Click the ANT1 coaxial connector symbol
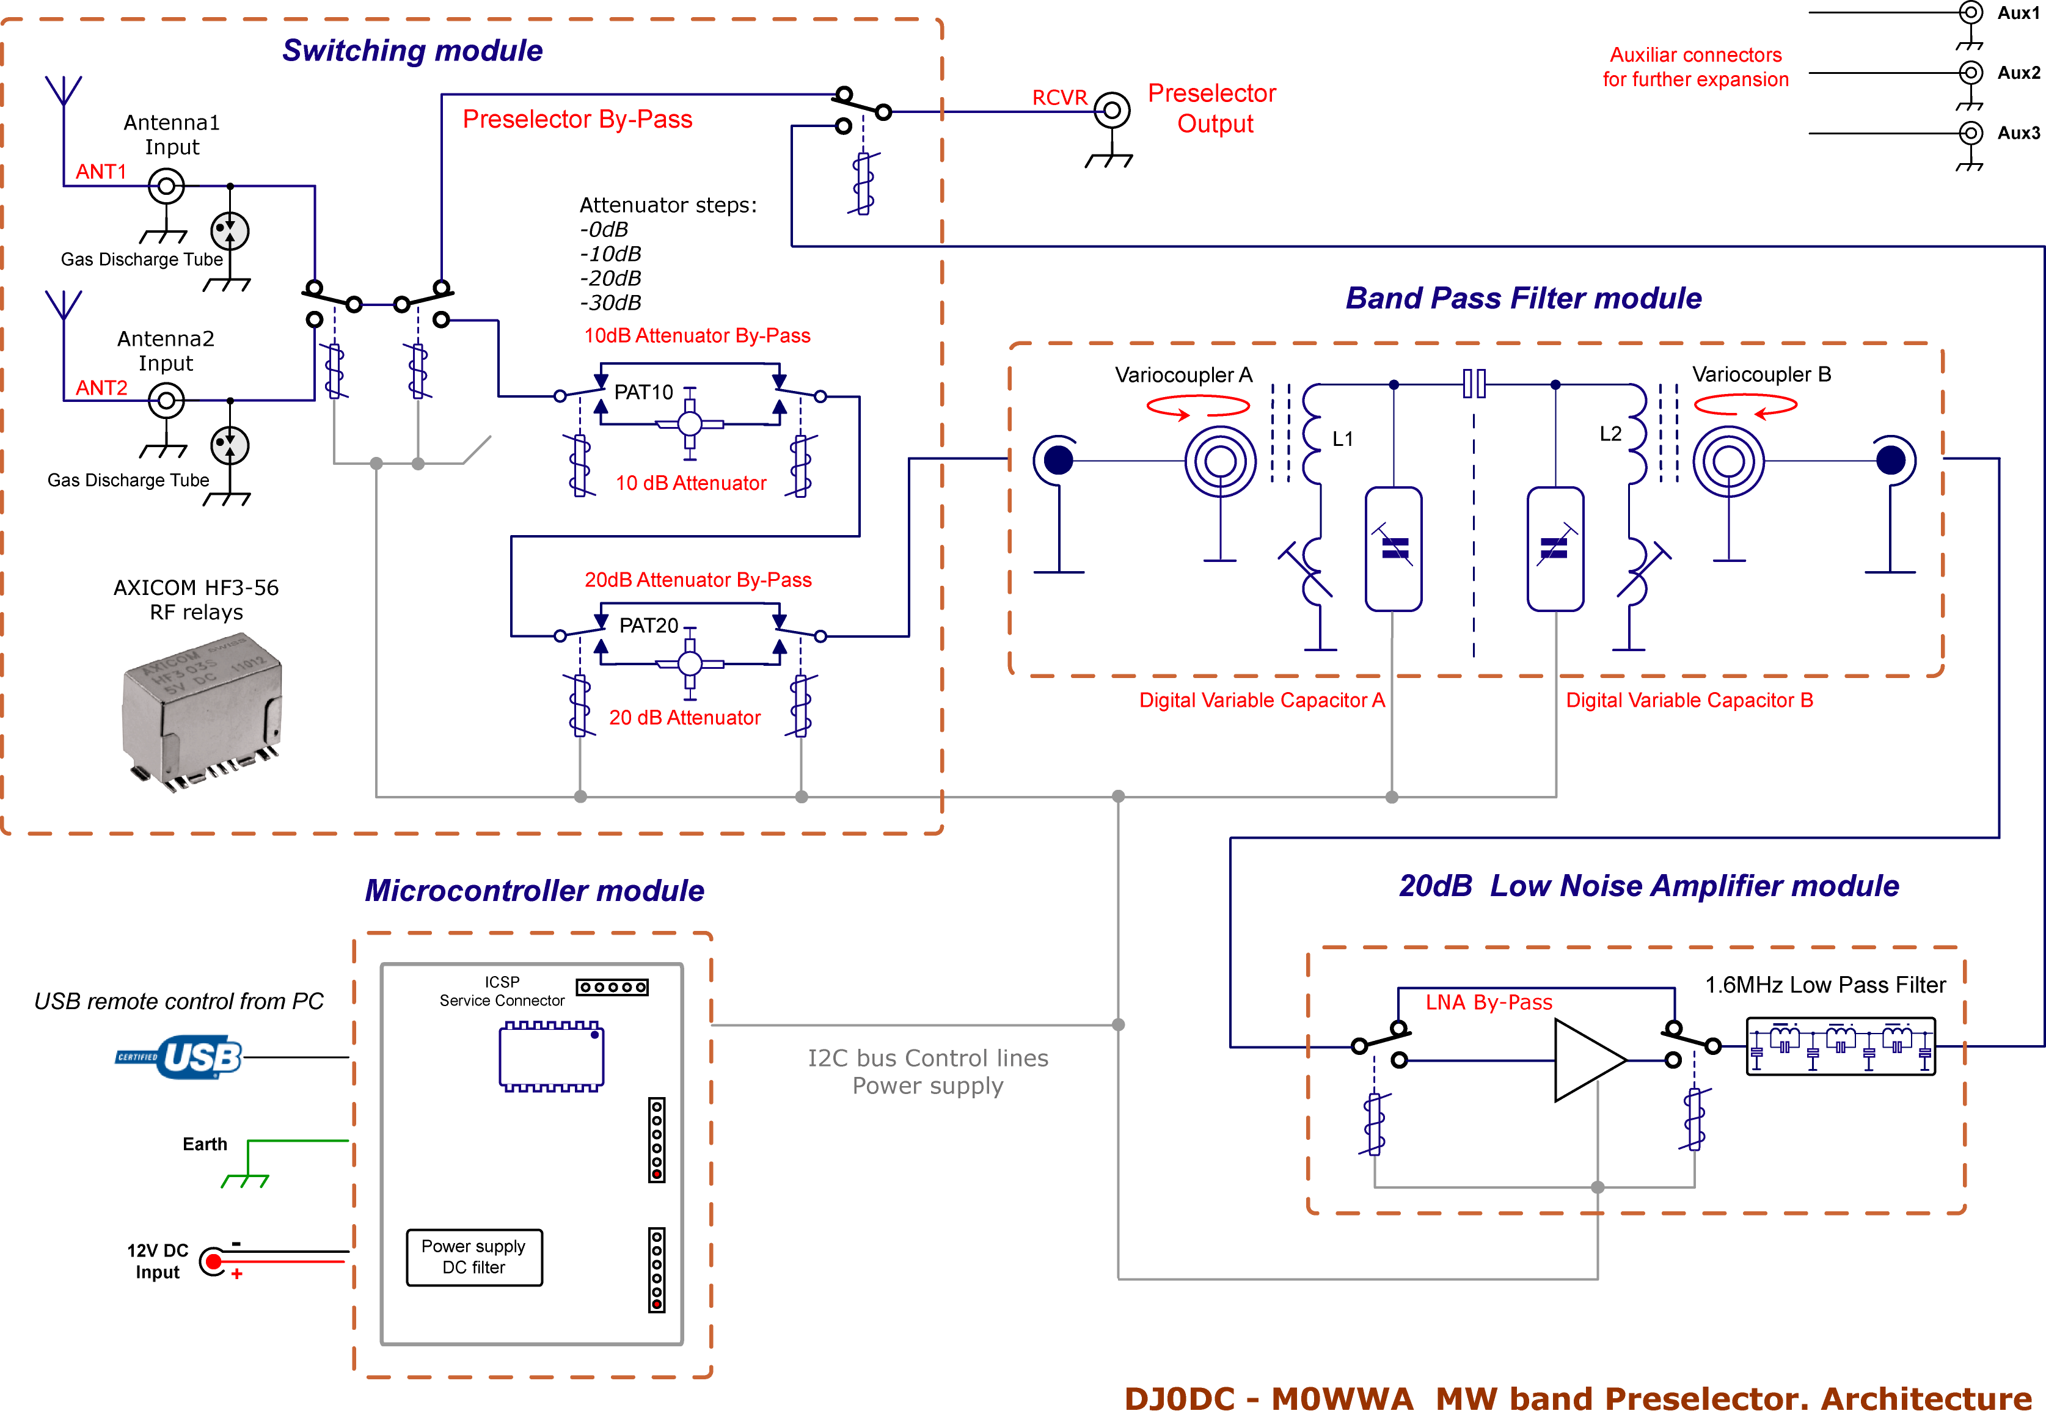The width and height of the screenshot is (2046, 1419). [x=166, y=187]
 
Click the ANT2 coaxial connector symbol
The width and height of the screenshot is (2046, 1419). [x=166, y=401]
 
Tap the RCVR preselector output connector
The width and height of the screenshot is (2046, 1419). [x=1111, y=111]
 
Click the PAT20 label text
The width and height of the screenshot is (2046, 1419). [x=648, y=626]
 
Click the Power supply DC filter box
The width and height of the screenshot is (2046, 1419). [x=474, y=1257]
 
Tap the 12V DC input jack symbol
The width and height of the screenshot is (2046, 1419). [x=213, y=1261]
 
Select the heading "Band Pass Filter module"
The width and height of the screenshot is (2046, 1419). [x=1522, y=298]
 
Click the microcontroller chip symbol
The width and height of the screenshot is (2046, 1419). [x=551, y=1056]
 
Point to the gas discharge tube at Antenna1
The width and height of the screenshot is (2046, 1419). [x=230, y=231]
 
